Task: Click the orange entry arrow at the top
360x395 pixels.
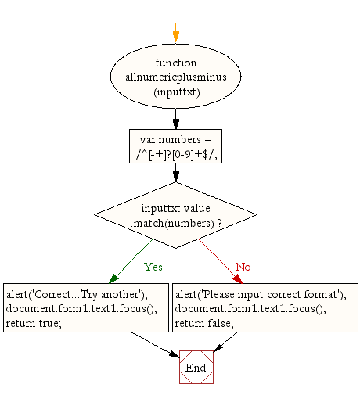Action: [x=176, y=33]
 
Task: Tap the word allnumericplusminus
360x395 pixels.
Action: [x=176, y=77]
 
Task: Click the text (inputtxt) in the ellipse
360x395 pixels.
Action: [x=177, y=92]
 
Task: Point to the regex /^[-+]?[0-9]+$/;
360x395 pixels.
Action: [x=176, y=155]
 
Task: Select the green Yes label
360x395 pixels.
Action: [x=153, y=267]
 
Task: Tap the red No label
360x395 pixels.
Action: [x=243, y=267]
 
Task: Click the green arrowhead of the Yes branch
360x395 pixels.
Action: [x=113, y=278]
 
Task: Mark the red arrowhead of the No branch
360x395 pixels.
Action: [x=238, y=278]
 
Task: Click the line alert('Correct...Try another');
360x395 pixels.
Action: [x=77, y=295]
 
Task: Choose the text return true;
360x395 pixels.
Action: [x=34, y=323]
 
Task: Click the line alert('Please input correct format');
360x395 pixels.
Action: [x=261, y=295]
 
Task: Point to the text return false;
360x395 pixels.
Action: [x=204, y=323]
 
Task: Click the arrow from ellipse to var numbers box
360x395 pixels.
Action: [x=176, y=120]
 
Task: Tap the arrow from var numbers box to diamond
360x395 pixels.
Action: [x=176, y=173]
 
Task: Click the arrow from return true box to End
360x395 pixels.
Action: [x=156, y=345]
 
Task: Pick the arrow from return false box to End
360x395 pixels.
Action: [x=225, y=342]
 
